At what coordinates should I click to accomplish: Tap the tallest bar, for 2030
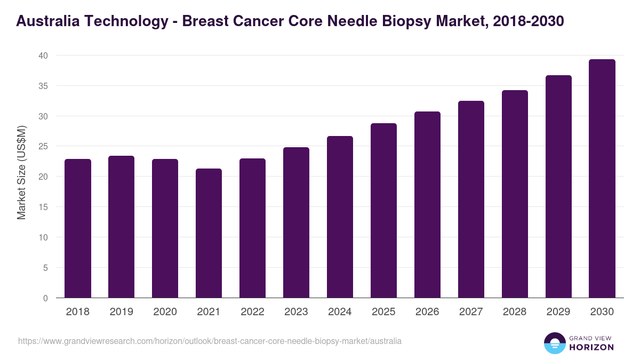coord(602,179)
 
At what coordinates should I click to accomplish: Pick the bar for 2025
coord(383,211)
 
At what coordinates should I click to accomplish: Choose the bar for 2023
coord(296,222)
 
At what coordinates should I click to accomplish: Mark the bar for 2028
coord(515,194)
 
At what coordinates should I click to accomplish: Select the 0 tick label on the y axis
coord(45,298)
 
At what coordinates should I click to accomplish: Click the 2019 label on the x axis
coord(122,312)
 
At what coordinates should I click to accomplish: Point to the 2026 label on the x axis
coord(427,312)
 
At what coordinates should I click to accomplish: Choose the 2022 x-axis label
coord(252,312)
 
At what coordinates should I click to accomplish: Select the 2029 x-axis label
coord(558,312)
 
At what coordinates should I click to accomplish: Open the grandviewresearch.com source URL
coord(210,341)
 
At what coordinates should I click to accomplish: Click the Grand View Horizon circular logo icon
coord(554,343)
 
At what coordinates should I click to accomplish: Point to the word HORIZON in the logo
coord(591,347)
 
